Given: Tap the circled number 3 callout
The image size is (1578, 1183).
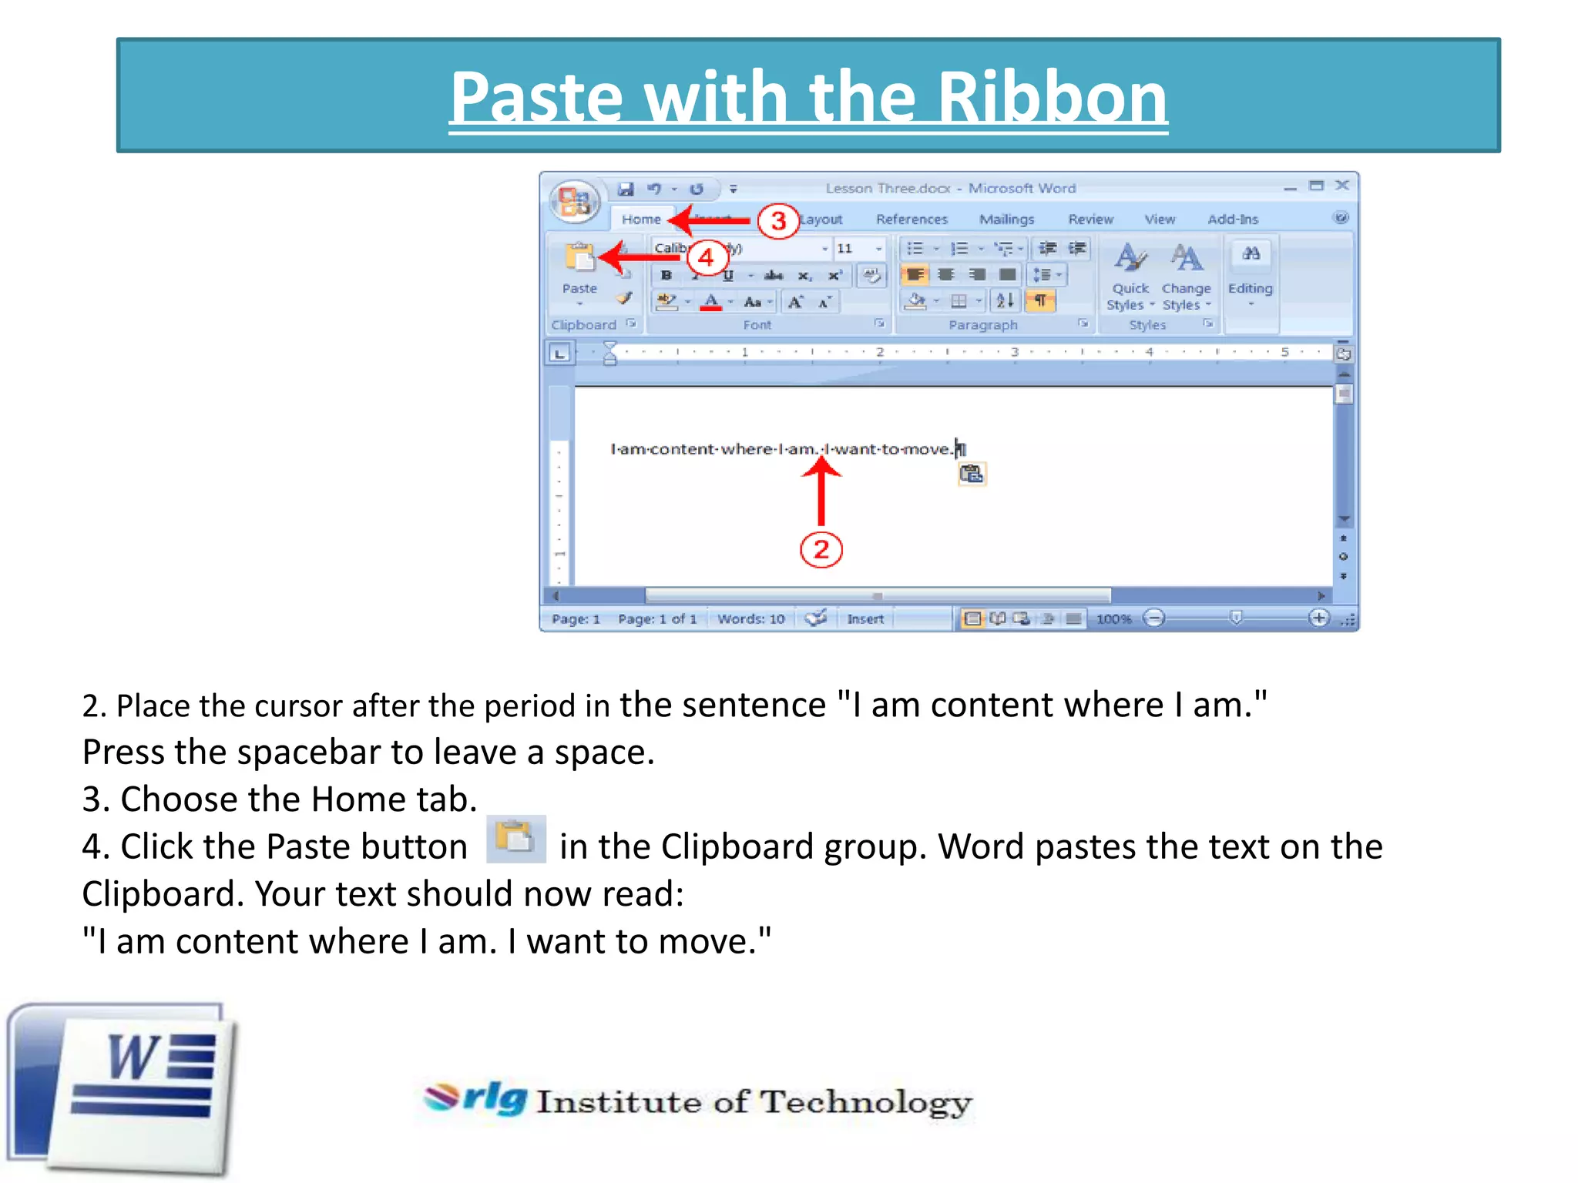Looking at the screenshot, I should click(777, 221).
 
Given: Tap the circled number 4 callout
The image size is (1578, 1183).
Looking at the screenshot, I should click(706, 257).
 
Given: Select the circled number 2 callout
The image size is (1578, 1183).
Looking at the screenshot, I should click(821, 550).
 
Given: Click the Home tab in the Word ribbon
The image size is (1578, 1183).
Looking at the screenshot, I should click(641, 220).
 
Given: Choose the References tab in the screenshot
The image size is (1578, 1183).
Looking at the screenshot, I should click(912, 220).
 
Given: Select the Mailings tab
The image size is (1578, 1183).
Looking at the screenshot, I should click(1006, 220).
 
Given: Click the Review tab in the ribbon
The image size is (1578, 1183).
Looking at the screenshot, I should click(1090, 220).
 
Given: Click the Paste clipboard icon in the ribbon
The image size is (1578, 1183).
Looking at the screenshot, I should click(579, 259).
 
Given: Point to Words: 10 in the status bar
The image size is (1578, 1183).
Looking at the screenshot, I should click(750, 618).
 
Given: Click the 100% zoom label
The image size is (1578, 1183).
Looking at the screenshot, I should click(1113, 618).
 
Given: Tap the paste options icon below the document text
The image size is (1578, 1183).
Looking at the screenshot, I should click(972, 474).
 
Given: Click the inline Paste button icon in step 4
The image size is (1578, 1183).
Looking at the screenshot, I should click(515, 839).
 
